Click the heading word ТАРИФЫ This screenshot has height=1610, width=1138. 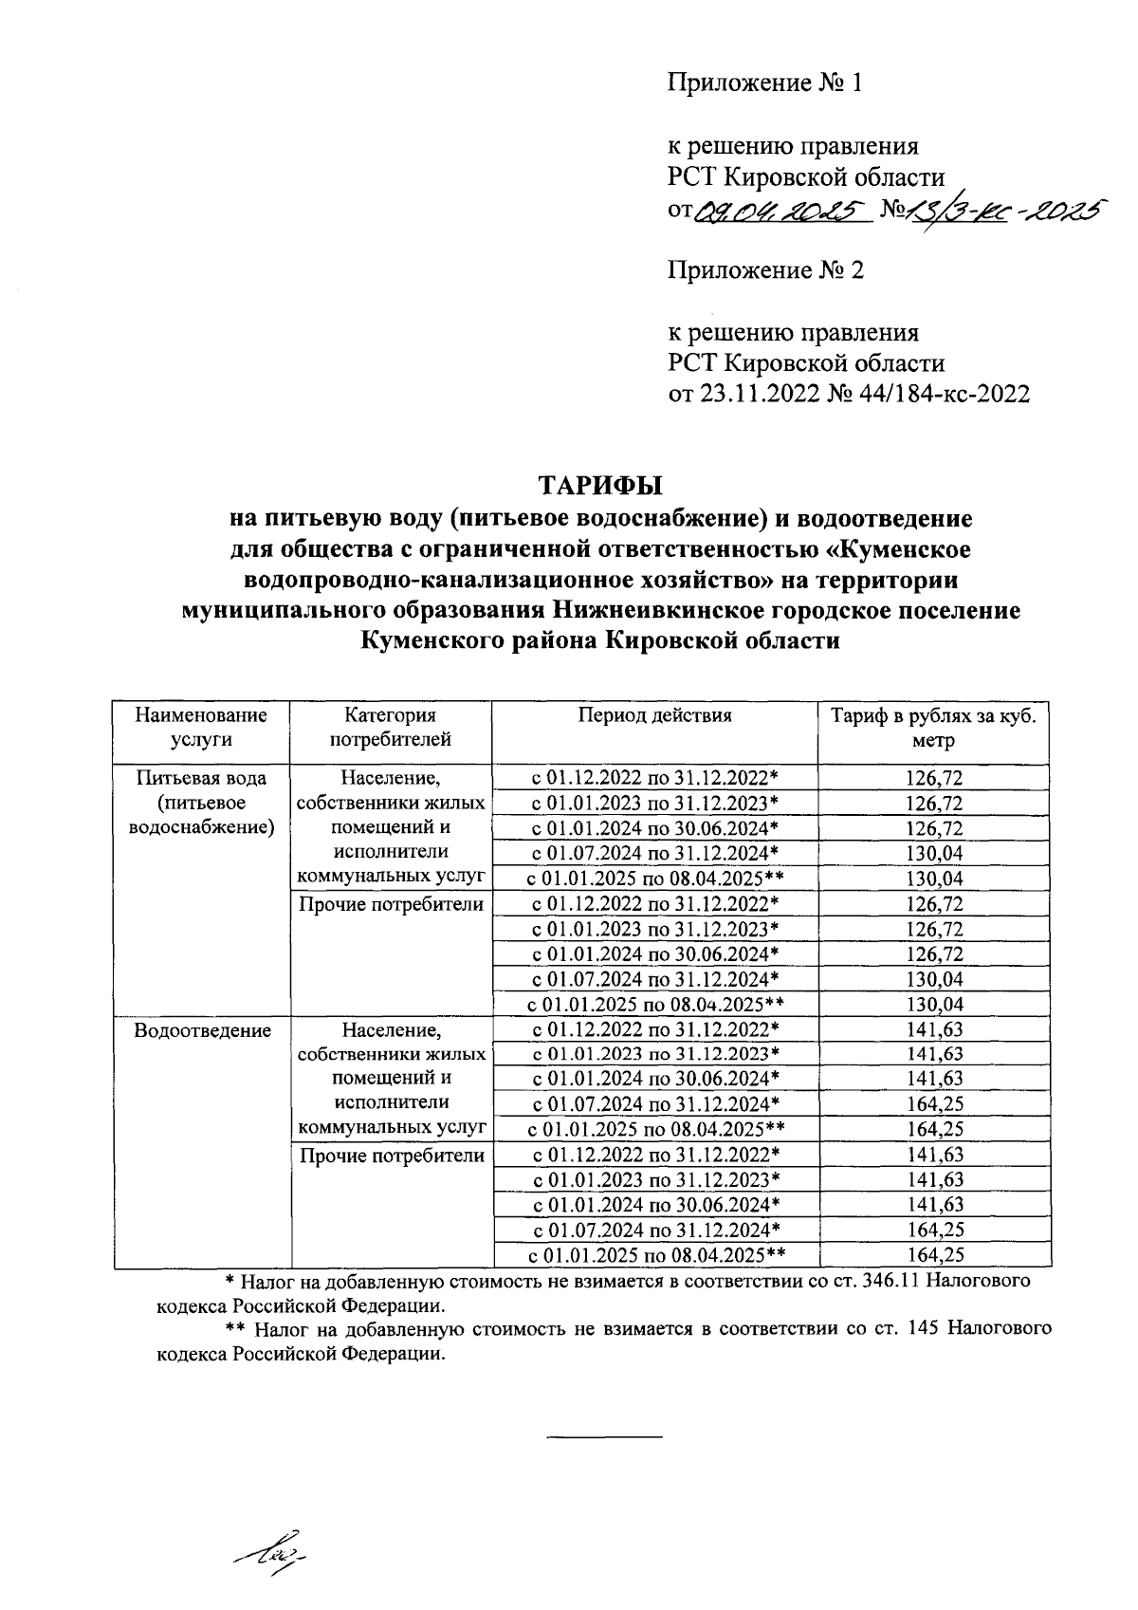pos(600,486)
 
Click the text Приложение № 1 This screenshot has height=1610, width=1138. pos(765,83)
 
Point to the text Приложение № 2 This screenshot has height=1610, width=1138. pos(765,271)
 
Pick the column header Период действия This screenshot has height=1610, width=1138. pos(655,715)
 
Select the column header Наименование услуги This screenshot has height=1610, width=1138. pos(201,727)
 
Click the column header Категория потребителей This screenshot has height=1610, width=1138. pos(391,727)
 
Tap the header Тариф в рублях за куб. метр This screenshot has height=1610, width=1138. pos(934,728)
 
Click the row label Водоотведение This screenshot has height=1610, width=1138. pos(203,1030)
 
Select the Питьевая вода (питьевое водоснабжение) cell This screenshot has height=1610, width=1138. pos(201,803)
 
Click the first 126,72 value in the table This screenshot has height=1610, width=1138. pos(934,778)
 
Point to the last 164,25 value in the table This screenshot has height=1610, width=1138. pos(934,1255)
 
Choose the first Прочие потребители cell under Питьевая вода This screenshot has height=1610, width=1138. pos(392,904)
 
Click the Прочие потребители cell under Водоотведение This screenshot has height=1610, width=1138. pos(392,1156)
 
